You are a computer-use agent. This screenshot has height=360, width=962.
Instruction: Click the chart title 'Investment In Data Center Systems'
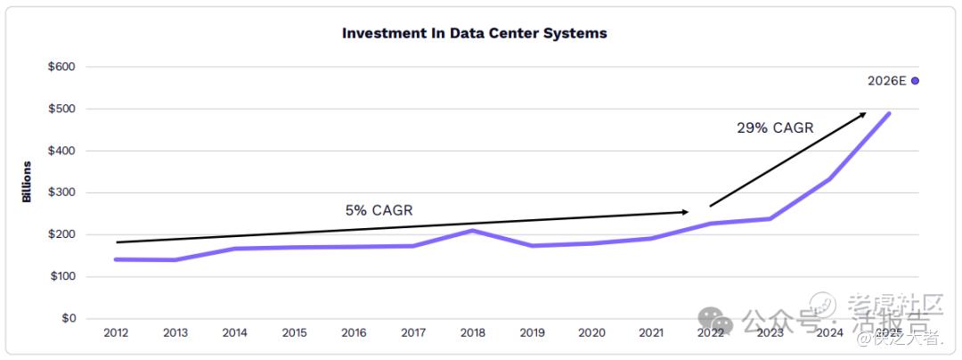point(475,33)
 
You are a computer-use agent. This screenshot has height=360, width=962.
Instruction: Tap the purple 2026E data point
point(915,80)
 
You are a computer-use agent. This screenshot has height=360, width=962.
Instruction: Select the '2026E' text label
point(886,81)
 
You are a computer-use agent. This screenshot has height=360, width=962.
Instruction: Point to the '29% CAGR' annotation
point(775,127)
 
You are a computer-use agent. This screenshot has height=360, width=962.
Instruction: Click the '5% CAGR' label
point(379,210)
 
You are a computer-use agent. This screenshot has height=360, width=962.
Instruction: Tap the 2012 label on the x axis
point(116,333)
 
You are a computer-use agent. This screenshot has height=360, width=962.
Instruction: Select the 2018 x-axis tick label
point(473,333)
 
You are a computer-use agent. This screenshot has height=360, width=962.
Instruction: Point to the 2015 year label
point(295,333)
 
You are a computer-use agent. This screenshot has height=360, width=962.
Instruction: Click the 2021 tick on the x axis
point(651,333)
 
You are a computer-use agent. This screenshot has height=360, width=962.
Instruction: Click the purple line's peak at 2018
point(473,231)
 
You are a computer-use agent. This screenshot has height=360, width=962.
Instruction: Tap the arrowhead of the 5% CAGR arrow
point(685,212)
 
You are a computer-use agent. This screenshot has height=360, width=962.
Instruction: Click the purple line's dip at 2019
point(533,245)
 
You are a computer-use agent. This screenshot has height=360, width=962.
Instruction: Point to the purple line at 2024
point(829,179)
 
